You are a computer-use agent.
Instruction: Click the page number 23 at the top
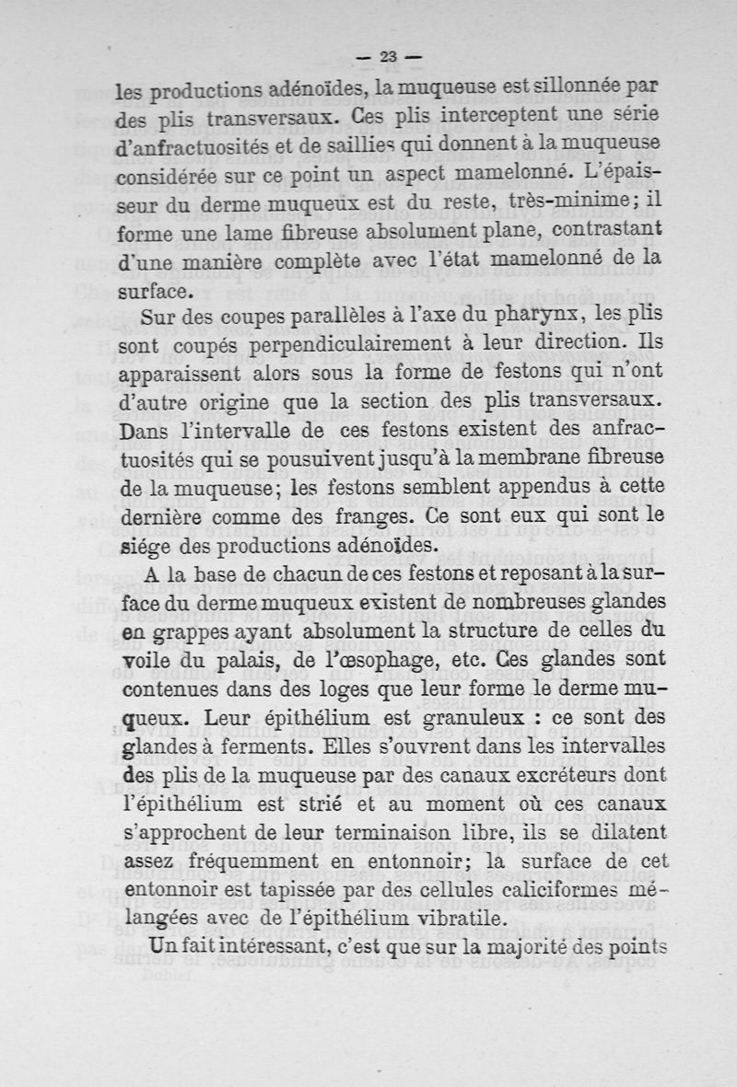pyautogui.click(x=387, y=56)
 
